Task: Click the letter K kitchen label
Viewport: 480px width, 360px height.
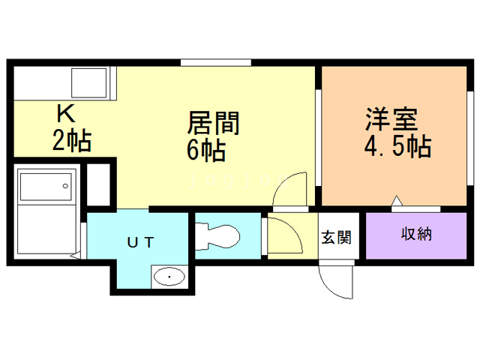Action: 66,115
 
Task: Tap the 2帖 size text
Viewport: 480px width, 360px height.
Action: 72,140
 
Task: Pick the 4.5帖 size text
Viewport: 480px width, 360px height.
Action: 397,146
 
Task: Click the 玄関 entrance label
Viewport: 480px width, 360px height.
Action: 336,238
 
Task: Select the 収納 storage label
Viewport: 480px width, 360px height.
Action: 416,235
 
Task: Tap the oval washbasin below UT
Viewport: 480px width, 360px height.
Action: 171,277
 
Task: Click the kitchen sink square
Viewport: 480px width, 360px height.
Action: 90,82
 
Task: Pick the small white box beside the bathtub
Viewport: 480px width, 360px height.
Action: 98,184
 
